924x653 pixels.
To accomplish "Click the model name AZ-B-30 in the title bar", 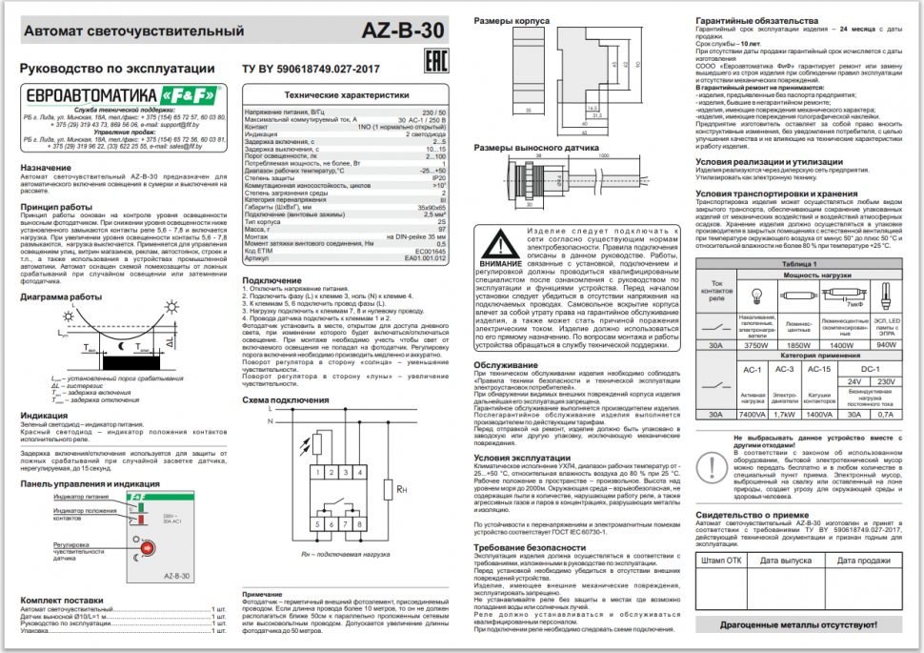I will tap(405, 30).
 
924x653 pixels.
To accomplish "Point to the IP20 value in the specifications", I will tap(439, 177).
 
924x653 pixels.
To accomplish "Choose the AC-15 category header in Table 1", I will tap(818, 368).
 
